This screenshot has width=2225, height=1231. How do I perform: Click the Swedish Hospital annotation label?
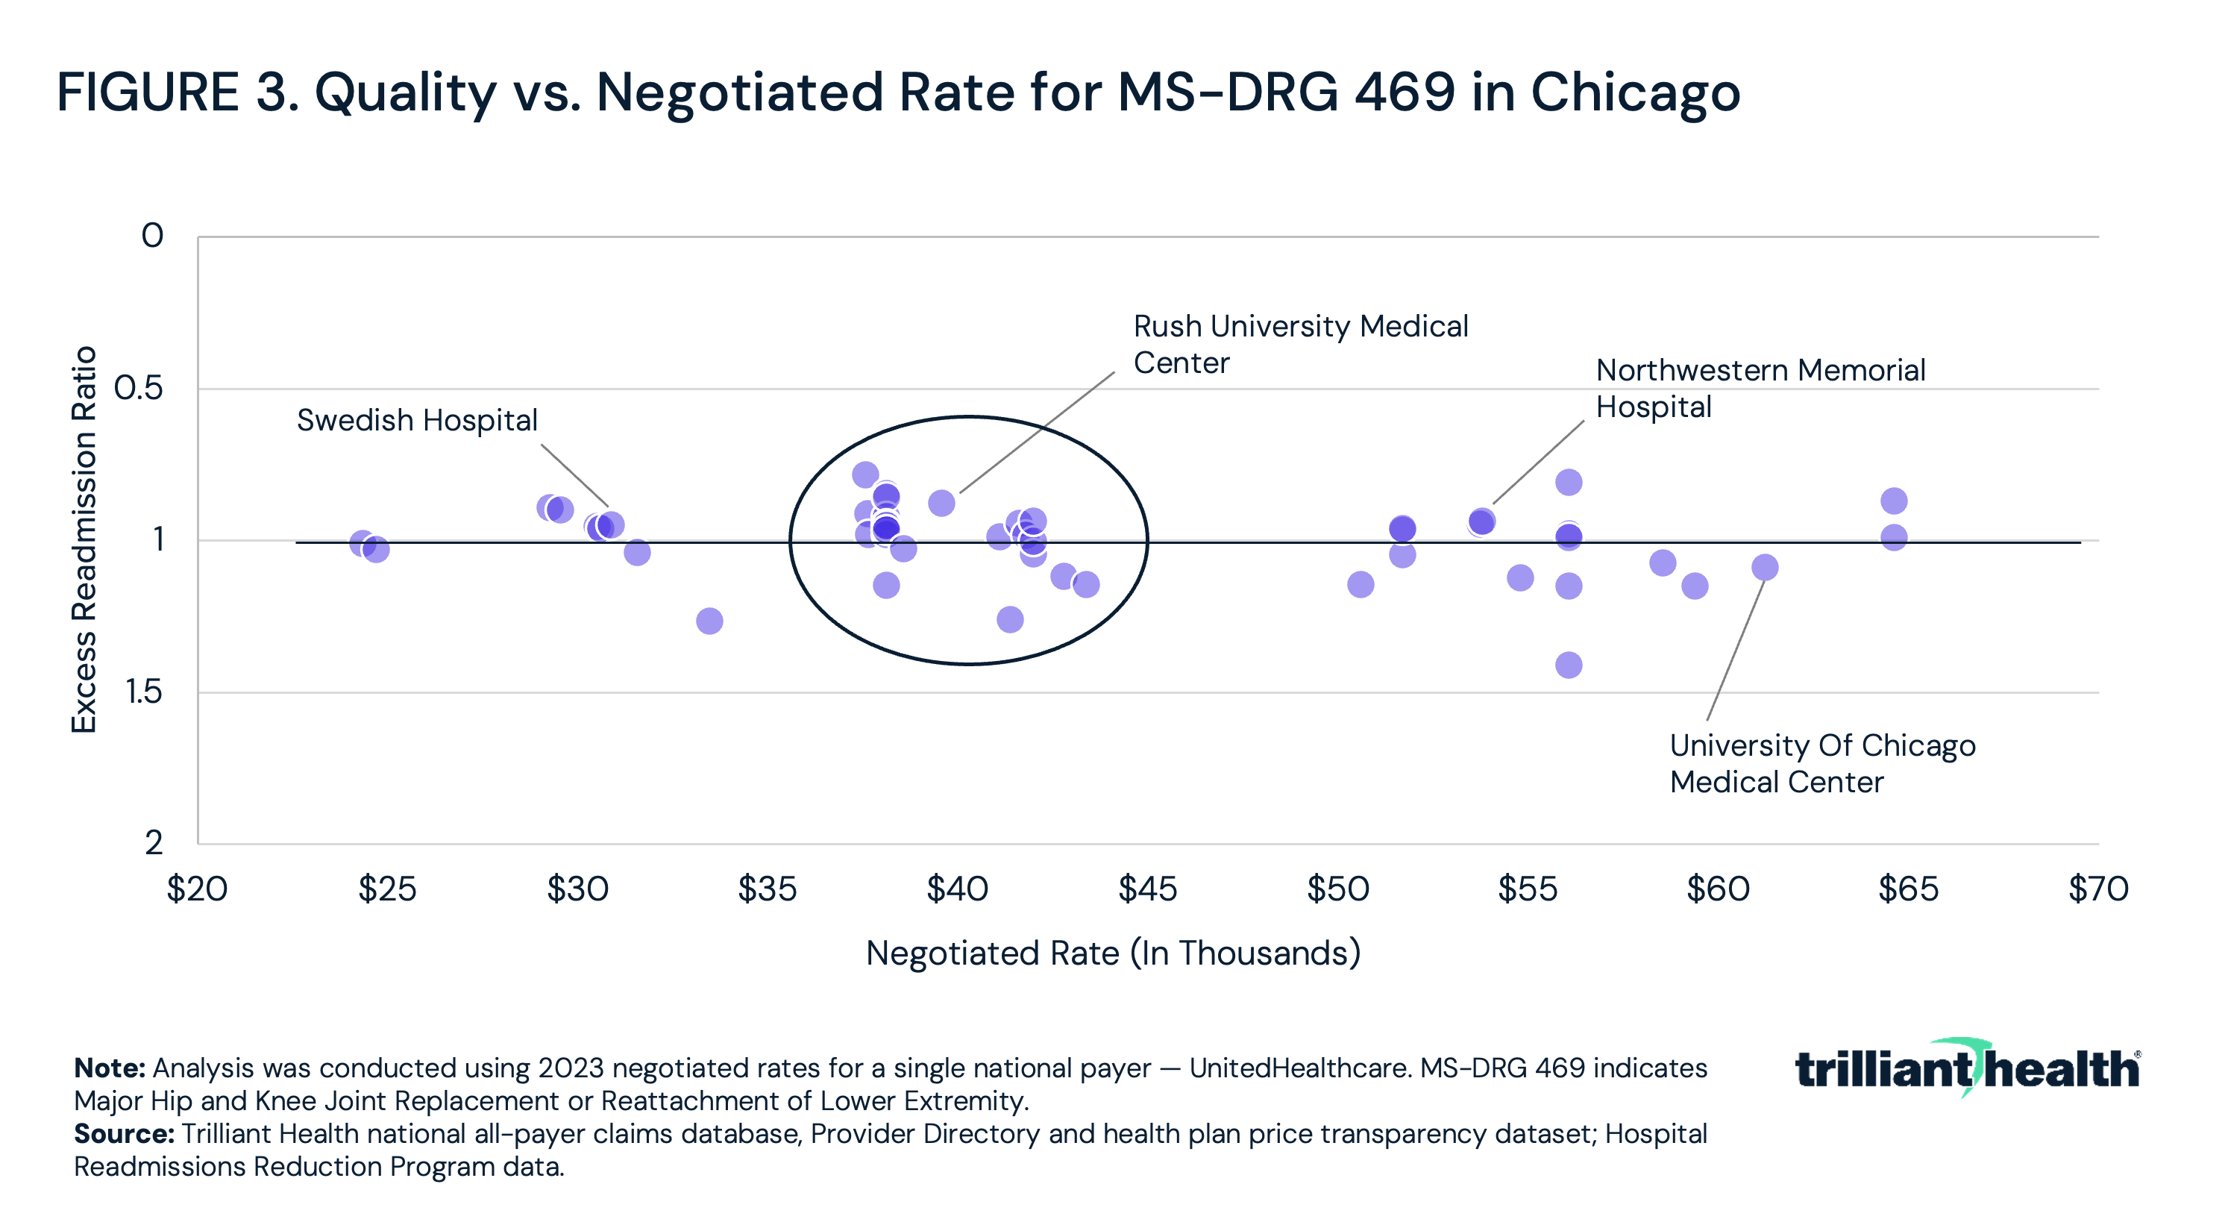click(x=417, y=421)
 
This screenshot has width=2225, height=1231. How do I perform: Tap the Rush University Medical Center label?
click(x=1300, y=345)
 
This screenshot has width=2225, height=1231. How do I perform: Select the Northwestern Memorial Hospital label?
click(x=1760, y=389)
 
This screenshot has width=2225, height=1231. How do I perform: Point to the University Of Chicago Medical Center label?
click(x=1821, y=764)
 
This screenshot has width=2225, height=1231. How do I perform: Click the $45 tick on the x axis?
click(x=1147, y=889)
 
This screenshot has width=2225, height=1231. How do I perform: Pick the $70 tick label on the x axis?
click(x=2098, y=889)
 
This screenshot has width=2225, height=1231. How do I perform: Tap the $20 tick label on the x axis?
click(x=197, y=889)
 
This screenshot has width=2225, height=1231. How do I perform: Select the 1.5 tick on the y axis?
click(x=143, y=692)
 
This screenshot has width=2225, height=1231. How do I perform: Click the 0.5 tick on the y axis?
click(x=138, y=389)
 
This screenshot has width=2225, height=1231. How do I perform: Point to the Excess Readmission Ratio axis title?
click(x=84, y=540)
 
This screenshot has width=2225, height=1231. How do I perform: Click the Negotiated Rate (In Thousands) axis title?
click(x=1113, y=953)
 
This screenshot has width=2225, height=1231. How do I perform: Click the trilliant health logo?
click(x=1967, y=1068)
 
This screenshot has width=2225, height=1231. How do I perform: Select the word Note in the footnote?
click(x=109, y=1068)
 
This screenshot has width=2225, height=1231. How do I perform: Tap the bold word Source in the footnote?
click(x=124, y=1134)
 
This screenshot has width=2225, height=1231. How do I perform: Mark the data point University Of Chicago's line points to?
click(x=1765, y=568)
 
